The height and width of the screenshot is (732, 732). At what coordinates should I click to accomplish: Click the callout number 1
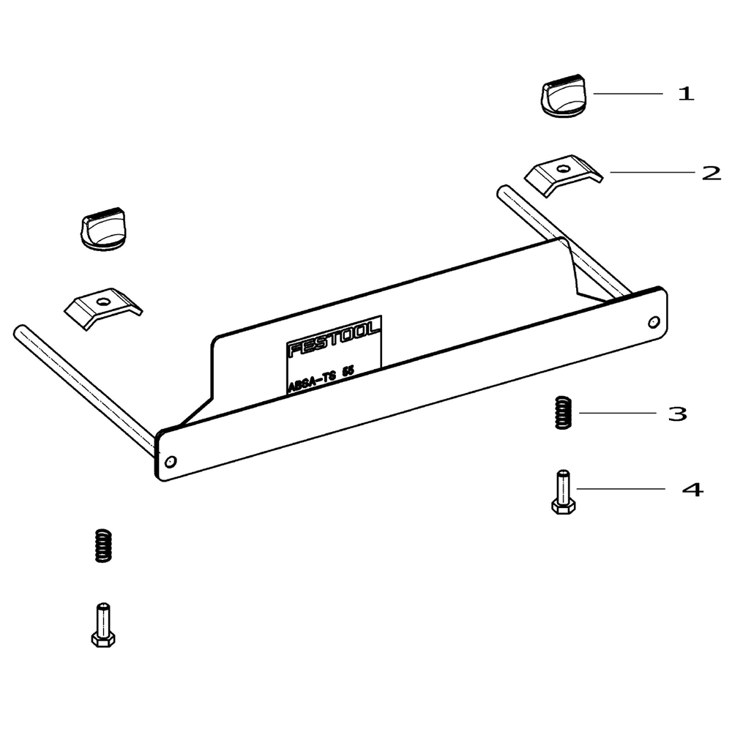click(685, 94)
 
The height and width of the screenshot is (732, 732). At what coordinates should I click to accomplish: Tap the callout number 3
click(677, 414)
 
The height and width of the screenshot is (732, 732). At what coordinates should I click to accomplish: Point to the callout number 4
click(692, 489)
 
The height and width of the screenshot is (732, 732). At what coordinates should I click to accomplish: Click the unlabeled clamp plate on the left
click(103, 306)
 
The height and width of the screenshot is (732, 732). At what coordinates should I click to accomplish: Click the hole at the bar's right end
click(653, 321)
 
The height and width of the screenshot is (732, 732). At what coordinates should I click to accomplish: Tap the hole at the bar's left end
click(171, 462)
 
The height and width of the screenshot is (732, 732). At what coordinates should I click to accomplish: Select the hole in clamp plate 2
click(562, 169)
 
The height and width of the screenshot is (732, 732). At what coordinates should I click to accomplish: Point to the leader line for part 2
click(651, 173)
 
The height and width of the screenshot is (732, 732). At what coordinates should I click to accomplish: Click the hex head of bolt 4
click(563, 506)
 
